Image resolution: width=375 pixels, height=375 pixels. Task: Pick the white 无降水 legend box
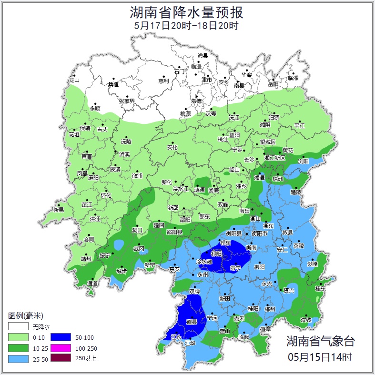[x=18, y=327]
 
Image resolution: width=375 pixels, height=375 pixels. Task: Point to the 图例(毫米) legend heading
[x=26, y=315]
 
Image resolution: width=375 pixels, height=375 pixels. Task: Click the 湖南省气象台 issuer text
[x=320, y=341]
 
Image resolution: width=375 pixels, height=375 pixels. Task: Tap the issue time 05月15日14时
[x=320, y=356]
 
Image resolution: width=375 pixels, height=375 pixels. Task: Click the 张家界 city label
[x=127, y=101]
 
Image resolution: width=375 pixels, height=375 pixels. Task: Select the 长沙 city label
[x=249, y=160]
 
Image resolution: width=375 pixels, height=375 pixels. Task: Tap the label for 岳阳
[x=273, y=84]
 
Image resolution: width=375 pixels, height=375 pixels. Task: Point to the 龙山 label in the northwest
[x=74, y=81]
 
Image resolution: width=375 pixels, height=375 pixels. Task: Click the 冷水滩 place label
[x=203, y=262]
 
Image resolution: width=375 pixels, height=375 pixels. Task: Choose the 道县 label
[x=192, y=323]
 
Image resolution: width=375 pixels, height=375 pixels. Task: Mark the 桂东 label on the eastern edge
[x=320, y=289]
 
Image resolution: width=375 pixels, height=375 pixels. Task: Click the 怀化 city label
[x=106, y=195]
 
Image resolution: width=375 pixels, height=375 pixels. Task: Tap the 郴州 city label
[x=270, y=309]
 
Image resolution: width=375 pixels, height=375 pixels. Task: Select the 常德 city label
[x=196, y=101]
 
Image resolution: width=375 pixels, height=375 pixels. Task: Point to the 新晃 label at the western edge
[x=59, y=210]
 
